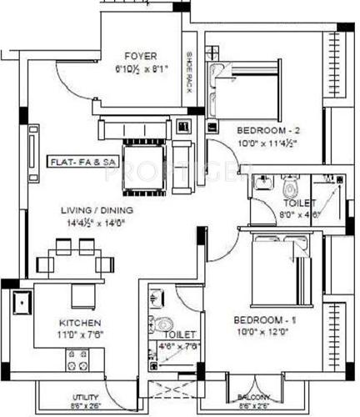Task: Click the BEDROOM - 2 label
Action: tap(267, 129)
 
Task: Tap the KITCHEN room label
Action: tap(80, 323)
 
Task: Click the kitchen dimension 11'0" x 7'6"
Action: tap(80, 334)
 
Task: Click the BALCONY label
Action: tap(255, 397)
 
